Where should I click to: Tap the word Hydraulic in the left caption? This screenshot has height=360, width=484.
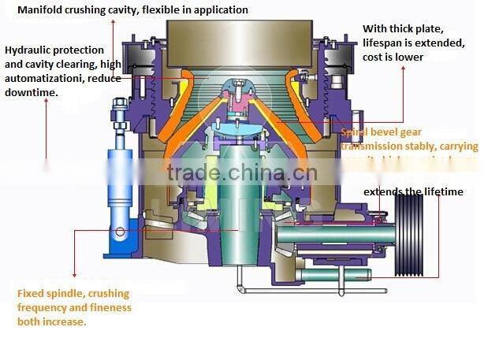(29, 50)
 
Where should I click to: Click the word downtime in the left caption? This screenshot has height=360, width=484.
(32, 92)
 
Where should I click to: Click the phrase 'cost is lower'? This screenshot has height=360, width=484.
(393, 57)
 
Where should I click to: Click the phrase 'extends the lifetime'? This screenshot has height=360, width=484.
(413, 191)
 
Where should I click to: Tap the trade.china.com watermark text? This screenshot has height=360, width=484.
(240, 173)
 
